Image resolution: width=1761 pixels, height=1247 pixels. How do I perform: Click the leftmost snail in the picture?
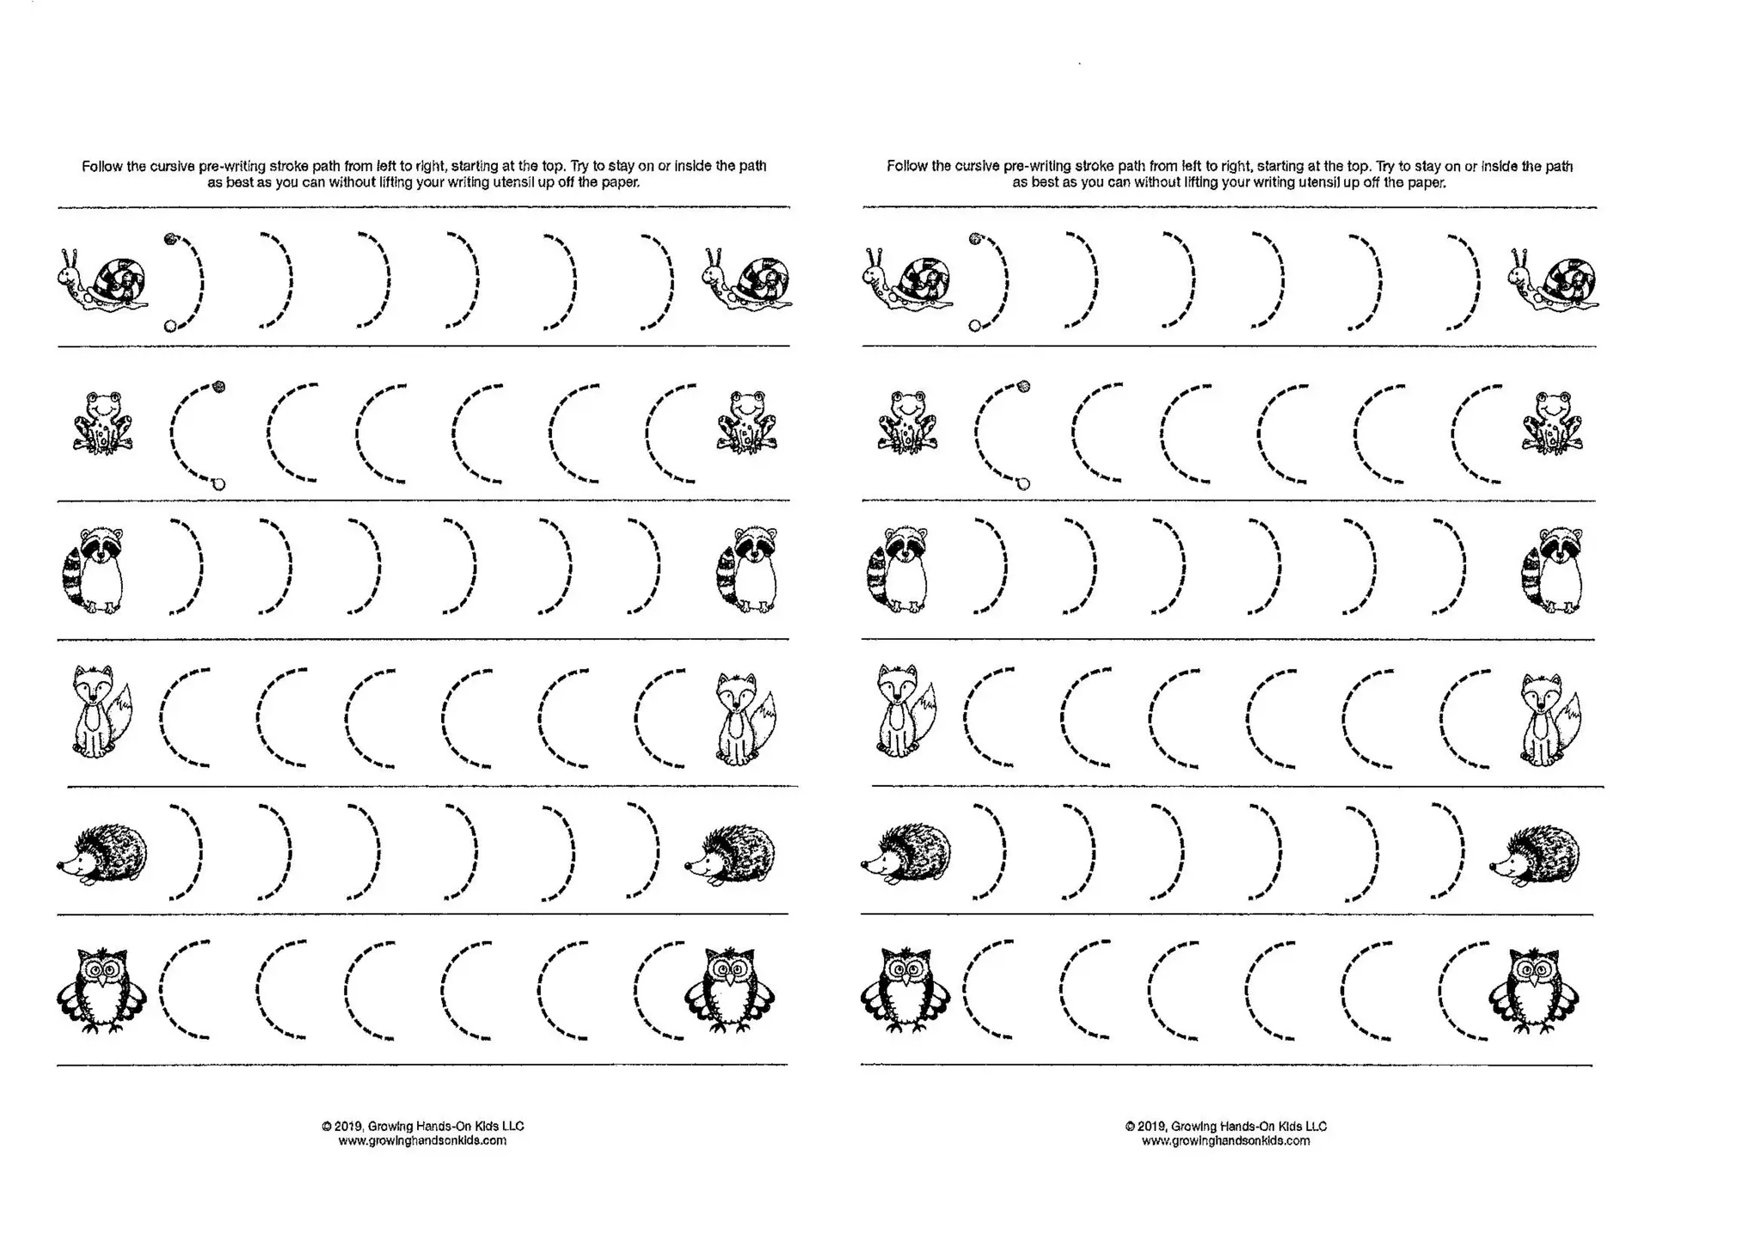pos(103,279)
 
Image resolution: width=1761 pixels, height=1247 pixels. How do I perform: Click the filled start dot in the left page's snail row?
pos(169,238)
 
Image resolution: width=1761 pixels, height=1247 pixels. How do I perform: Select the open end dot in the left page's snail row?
pos(169,326)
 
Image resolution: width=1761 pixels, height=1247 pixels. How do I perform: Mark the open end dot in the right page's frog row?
pos(1023,484)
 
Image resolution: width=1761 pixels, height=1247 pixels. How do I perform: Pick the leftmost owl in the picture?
pos(101,989)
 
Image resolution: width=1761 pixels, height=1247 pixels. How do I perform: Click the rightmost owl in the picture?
pos(1534,989)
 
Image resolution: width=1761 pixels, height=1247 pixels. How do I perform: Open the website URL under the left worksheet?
pos(422,1141)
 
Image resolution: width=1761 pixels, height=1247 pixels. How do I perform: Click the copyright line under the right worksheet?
pos(1225,1126)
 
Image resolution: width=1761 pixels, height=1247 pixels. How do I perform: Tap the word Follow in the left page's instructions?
pos(101,166)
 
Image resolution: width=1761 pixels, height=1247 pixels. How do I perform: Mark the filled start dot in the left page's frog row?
pos(218,387)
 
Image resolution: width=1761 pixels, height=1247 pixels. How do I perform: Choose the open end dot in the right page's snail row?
pos(974,326)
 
